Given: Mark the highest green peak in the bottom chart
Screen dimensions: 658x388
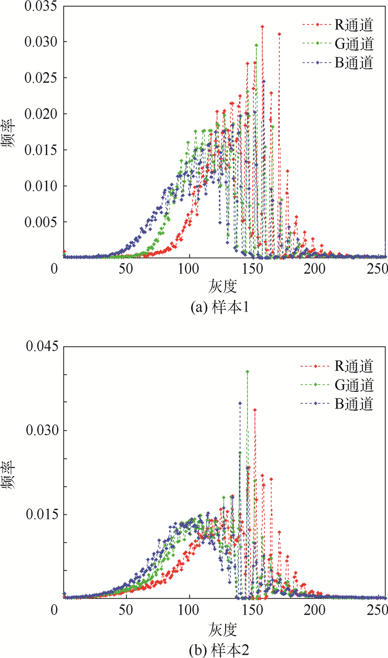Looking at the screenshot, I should coord(248,371).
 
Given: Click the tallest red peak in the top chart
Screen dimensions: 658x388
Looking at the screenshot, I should coord(262,27).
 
